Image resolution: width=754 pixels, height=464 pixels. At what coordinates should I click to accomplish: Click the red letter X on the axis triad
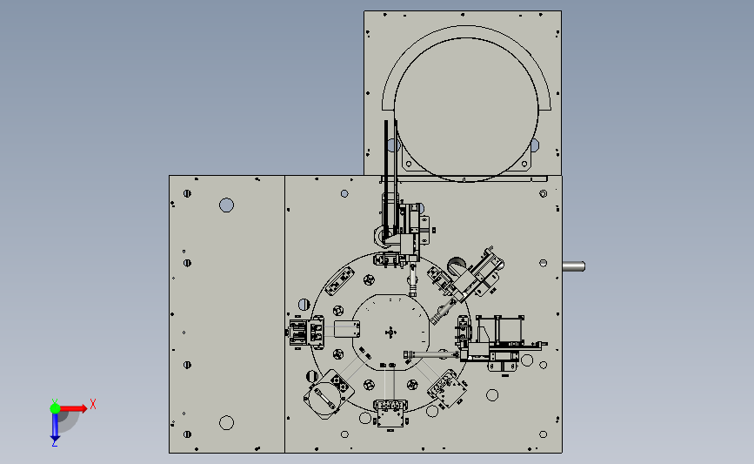click(93, 404)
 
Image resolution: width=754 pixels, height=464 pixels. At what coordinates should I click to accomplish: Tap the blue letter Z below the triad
click(54, 443)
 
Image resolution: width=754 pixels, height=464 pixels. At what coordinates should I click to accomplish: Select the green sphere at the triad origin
click(55, 408)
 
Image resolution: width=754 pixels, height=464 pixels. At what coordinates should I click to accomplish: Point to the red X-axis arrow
click(73, 408)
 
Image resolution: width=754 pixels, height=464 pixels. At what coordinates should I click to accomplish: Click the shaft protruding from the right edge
click(574, 266)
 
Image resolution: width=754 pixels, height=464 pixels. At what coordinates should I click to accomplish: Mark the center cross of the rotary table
click(390, 333)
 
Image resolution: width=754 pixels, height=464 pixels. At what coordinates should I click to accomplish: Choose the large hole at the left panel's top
click(226, 205)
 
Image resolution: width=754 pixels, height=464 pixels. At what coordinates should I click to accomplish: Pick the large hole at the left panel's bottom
click(226, 423)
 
